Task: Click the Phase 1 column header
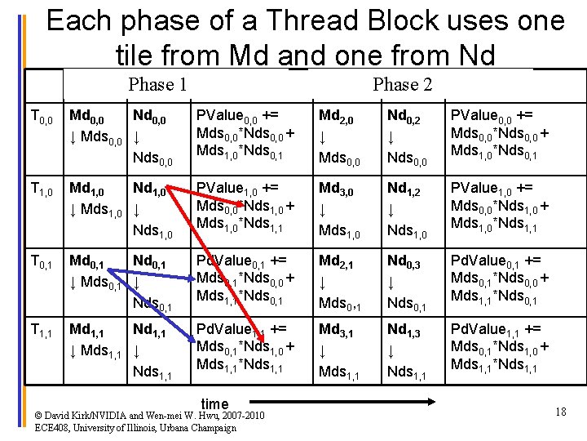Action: click(158, 84)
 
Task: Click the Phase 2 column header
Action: click(402, 84)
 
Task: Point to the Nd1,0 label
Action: click(149, 191)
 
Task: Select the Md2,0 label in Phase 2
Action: click(336, 119)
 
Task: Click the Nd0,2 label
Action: click(404, 119)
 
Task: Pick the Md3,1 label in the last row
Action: click(336, 330)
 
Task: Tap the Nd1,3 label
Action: click(404, 330)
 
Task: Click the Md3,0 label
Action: click(336, 191)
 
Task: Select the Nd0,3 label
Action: click(404, 261)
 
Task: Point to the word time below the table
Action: click(214, 403)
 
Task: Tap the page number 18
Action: click(560, 412)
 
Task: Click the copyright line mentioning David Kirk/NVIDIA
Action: click(150, 416)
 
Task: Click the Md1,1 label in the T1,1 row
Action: click(86, 331)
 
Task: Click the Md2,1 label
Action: click(336, 261)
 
